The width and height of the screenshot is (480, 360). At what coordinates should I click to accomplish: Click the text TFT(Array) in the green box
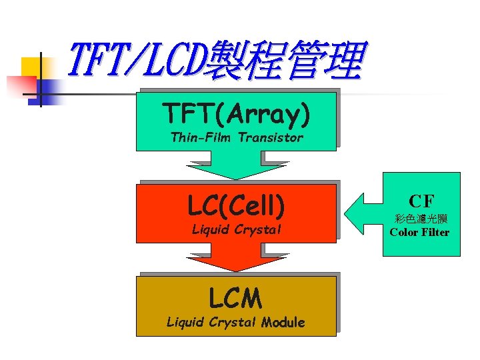click(236, 115)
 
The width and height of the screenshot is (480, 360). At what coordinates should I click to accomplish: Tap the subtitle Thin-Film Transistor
click(236, 138)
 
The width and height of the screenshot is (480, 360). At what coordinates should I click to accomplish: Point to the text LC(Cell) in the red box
click(236, 206)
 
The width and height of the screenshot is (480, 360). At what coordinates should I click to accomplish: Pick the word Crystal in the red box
click(257, 230)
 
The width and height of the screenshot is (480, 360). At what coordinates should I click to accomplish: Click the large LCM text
click(235, 298)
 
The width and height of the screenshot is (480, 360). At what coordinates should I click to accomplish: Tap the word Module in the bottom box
click(283, 323)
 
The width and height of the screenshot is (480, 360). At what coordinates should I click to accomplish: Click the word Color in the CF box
click(404, 233)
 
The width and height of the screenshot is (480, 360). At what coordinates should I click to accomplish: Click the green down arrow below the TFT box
click(236, 166)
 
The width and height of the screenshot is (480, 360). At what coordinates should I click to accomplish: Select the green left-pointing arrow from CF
click(361, 214)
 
